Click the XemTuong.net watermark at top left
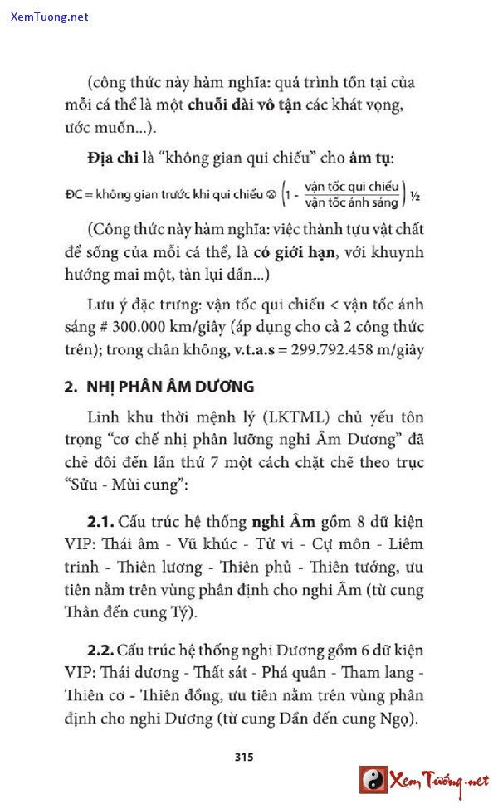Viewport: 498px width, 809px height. (49, 17)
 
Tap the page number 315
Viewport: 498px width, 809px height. (243, 756)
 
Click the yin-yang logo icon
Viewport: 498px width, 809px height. (373, 780)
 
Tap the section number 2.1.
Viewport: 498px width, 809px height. (102, 523)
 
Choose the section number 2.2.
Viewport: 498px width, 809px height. (102, 649)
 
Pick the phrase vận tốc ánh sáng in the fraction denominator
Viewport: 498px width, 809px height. (351, 203)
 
